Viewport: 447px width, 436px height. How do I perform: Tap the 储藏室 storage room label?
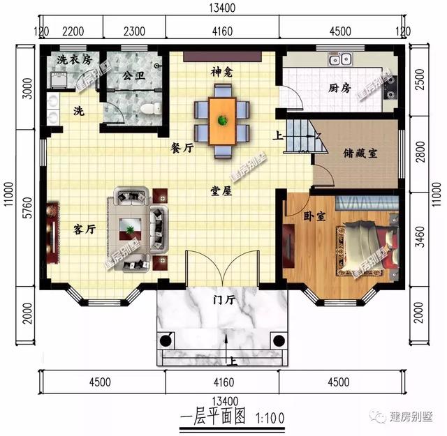pos(360,153)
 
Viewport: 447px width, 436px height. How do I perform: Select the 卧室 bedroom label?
pos(315,216)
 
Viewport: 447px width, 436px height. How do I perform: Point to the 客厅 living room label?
pos(85,228)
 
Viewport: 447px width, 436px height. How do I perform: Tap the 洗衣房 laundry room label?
pos(74,59)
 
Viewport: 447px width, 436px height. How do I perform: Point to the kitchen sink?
pos(346,59)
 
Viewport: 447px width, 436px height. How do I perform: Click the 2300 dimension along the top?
pos(134,31)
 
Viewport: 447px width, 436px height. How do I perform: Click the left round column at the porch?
pos(166,340)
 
